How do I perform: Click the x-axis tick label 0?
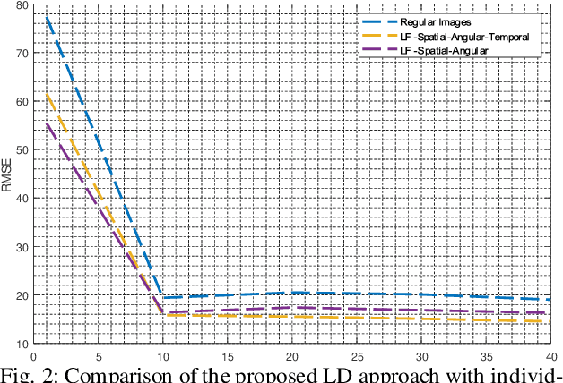click(x=33, y=354)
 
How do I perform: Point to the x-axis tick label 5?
click(x=98, y=354)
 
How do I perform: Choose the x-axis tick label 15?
click(x=227, y=354)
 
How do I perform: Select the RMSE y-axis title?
click(x=7, y=174)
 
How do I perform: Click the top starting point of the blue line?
click(x=47, y=16)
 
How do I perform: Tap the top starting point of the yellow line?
click(x=47, y=93)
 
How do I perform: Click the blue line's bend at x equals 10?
click(x=162, y=297)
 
